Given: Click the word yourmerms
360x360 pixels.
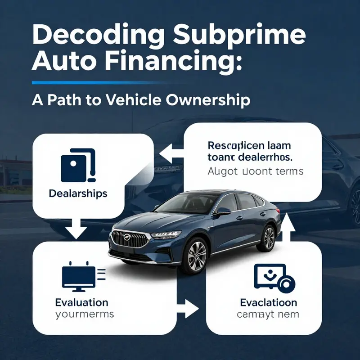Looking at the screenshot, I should (84, 314).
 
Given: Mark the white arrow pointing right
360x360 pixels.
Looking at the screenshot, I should (188, 308).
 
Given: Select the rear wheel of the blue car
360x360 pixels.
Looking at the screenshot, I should (268, 237).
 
